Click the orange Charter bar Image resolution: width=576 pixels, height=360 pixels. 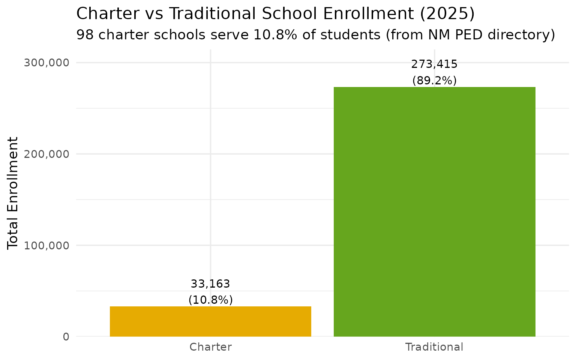point(210,321)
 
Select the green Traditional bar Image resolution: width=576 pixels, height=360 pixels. point(434,211)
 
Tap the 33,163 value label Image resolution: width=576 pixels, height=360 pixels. point(210,284)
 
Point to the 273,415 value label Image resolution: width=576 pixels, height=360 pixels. point(434,64)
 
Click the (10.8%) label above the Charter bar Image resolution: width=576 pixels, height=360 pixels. point(210,300)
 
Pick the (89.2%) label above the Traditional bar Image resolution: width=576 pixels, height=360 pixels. point(434,81)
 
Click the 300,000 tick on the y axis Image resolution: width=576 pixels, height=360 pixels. point(47,63)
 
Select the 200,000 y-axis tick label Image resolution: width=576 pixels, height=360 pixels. point(47,154)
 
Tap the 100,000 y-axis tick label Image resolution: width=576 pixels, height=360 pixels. point(47,246)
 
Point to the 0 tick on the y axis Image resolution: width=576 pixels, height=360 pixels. point(66,337)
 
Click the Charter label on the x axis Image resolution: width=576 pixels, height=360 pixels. point(210,347)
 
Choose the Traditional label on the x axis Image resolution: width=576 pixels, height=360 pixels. point(434,347)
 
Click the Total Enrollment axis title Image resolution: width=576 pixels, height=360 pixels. point(13,193)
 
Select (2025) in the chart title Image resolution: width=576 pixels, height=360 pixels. point(447,14)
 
